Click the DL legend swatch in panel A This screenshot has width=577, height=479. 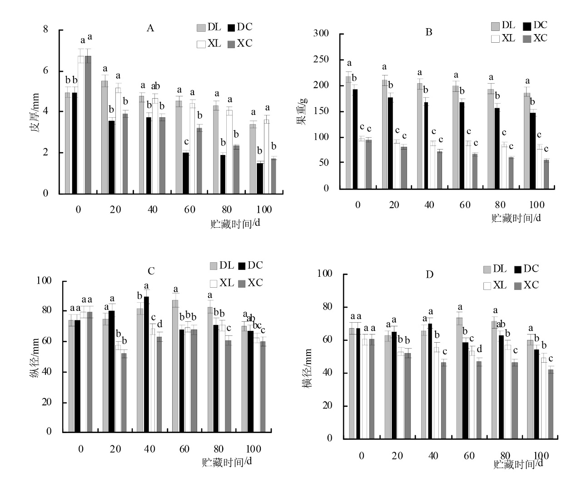[201, 28]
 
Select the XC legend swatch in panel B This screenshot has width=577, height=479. [527, 39]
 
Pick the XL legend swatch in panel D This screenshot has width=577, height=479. [487, 286]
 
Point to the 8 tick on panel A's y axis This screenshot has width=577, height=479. [45, 30]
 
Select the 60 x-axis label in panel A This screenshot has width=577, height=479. [189, 210]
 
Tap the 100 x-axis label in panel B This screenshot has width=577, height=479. [537, 205]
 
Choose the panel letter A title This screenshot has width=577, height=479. [150, 29]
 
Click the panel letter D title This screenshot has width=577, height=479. [429, 274]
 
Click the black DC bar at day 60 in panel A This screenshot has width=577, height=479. [185, 173]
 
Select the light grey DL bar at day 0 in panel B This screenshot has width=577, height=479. [348, 132]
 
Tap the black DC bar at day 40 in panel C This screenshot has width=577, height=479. [146, 364]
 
